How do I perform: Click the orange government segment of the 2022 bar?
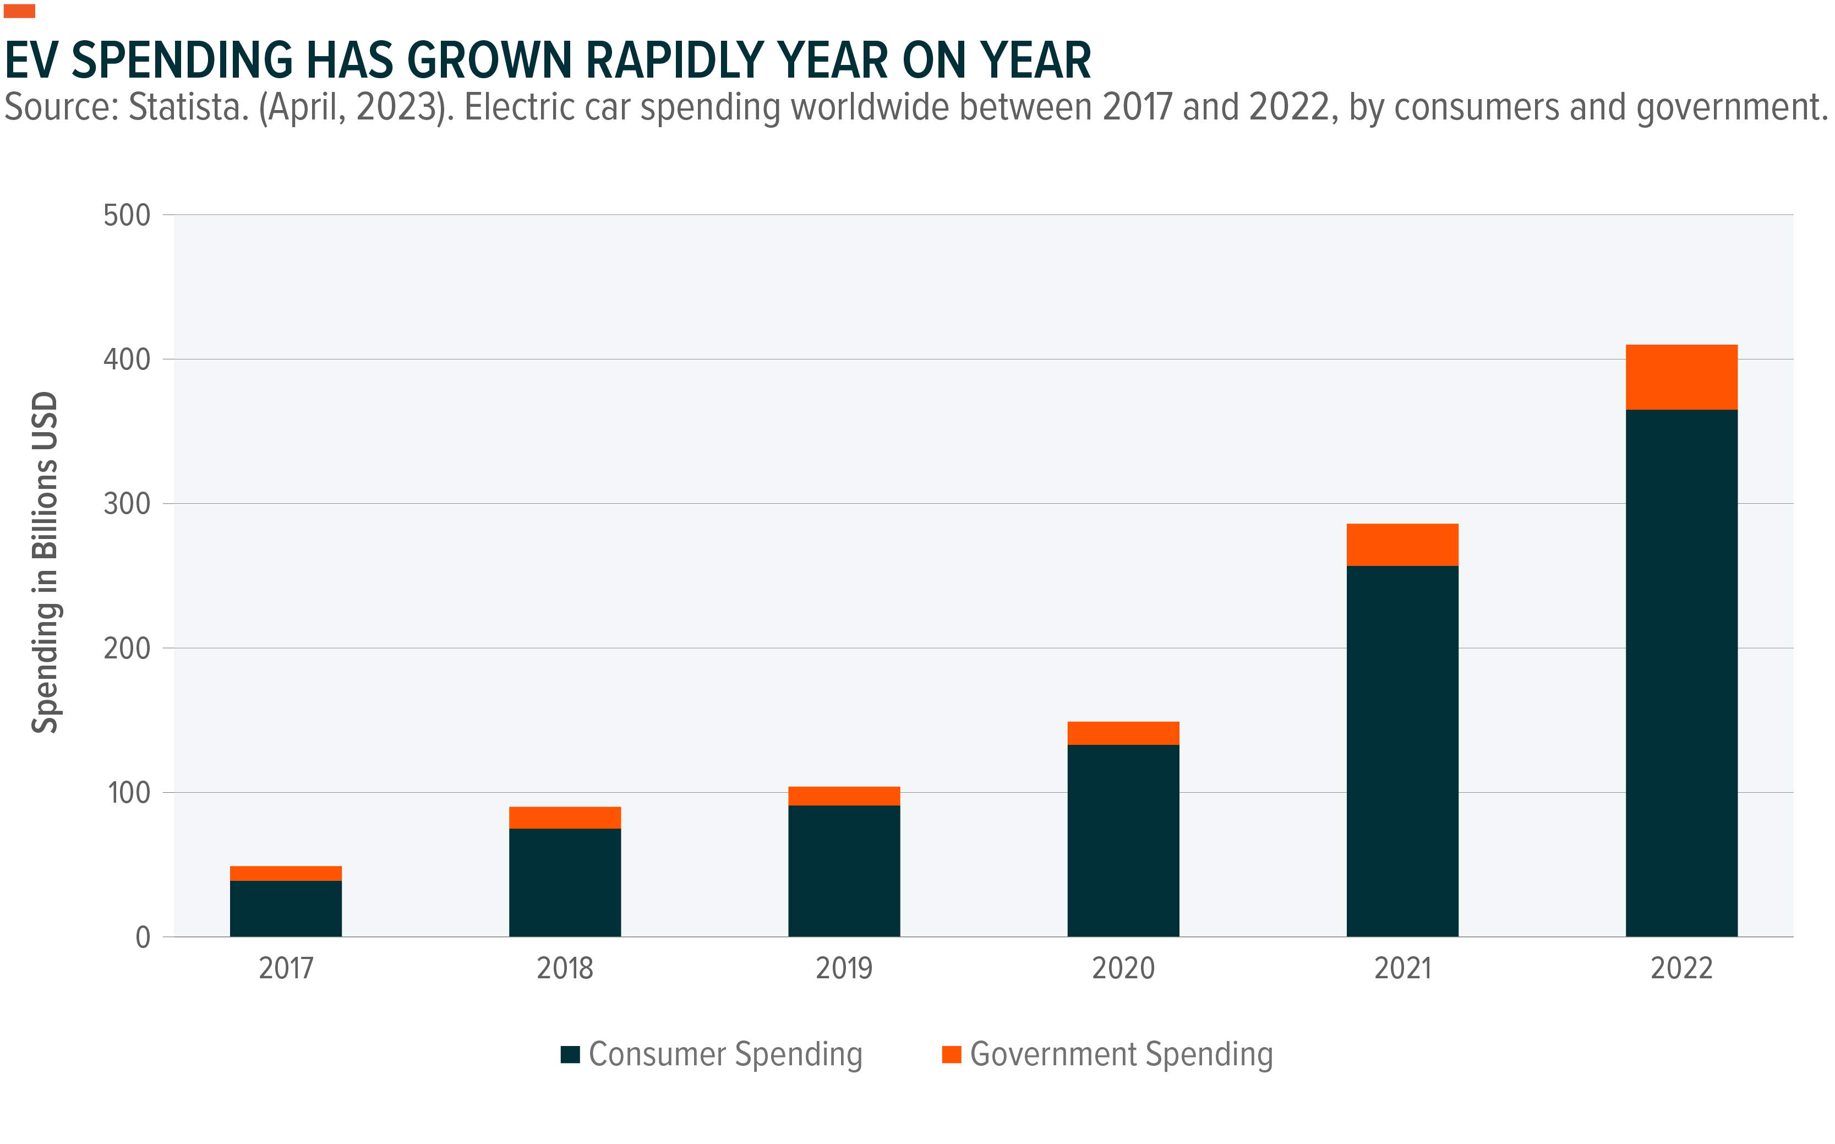[1681, 377]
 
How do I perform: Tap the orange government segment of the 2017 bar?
[285, 873]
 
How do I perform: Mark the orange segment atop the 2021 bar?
[1402, 545]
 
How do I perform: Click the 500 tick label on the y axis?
[127, 216]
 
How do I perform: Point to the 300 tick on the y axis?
[127, 504]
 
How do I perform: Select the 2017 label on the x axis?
[285, 968]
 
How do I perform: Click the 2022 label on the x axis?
[1681, 968]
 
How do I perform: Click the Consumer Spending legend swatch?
[570, 1054]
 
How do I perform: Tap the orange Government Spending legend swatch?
[951, 1054]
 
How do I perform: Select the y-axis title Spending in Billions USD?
[45, 562]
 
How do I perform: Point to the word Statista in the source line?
[188, 107]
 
